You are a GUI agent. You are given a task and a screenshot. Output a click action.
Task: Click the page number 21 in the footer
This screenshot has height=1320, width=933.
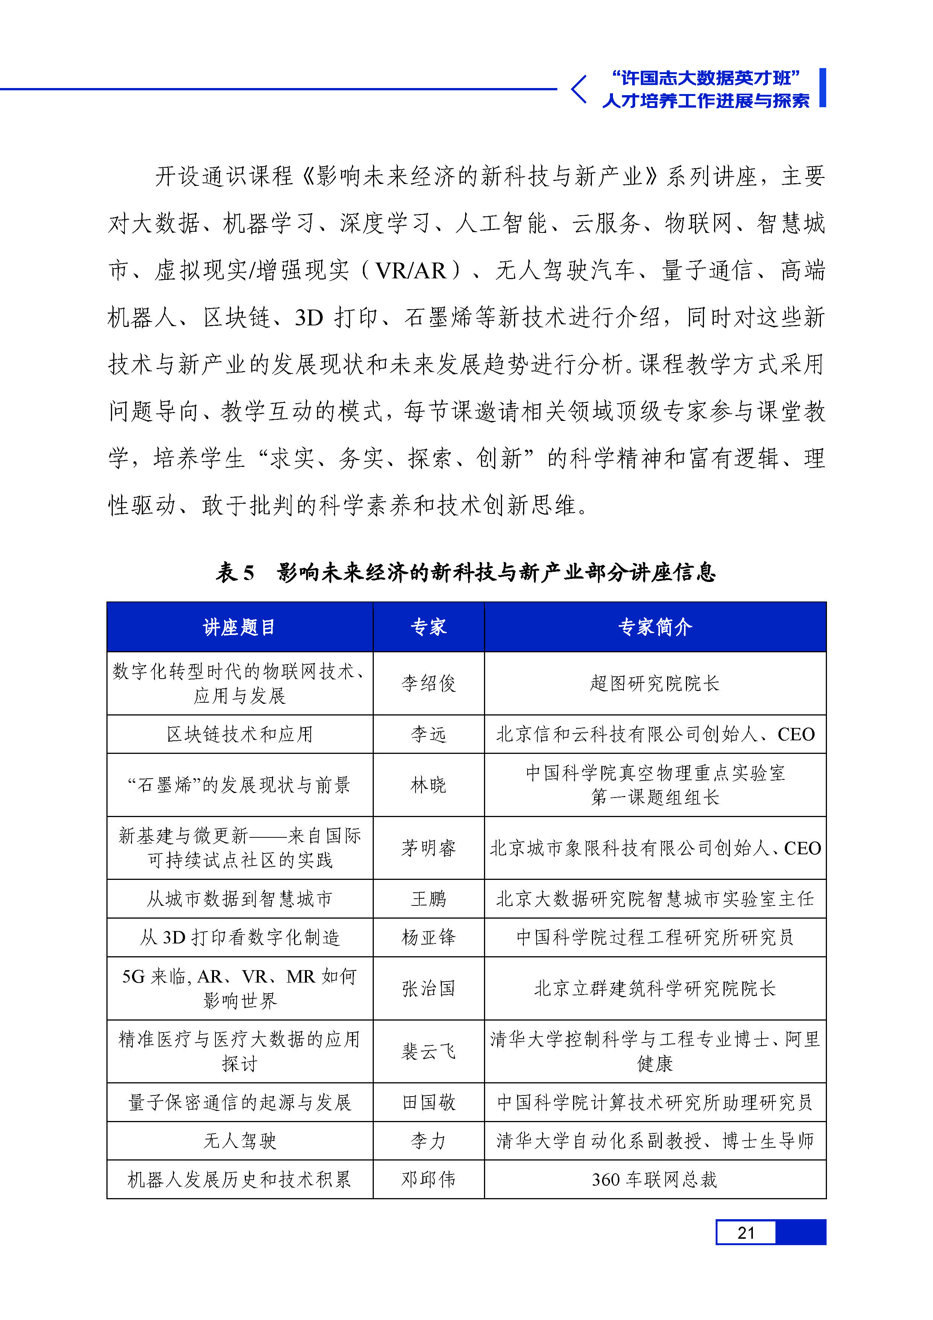pyautogui.click(x=746, y=1233)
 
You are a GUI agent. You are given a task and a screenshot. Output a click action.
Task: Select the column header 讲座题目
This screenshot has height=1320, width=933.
pyautogui.click(x=239, y=627)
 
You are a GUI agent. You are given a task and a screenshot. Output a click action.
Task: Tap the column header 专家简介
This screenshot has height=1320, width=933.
pyautogui.click(x=655, y=627)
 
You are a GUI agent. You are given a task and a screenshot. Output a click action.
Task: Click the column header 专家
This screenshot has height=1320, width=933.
pyautogui.click(x=428, y=627)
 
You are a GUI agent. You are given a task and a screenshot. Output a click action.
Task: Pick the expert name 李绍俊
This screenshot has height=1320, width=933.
pyautogui.click(x=428, y=683)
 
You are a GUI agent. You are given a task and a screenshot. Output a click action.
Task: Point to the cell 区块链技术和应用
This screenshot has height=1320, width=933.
pyautogui.click(x=239, y=734)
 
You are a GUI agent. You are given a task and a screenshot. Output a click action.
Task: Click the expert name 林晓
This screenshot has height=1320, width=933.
pyautogui.click(x=428, y=785)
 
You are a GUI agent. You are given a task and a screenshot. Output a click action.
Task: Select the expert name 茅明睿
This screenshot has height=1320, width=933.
pyautogui.click(x=428, y=848)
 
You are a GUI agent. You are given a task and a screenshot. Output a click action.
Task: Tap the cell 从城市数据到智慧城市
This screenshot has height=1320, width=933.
pyautogui.click(x=239, y=899)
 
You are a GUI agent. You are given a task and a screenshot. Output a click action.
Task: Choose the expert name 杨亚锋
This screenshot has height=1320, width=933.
pyautogui.click(x=428, y=937)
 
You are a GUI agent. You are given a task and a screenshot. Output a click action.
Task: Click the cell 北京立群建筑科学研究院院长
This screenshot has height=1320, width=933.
pyautogui.click(x=655, y=988)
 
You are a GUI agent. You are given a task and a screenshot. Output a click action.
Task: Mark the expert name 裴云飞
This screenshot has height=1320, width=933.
pyautogui.click(x=428, y=1051)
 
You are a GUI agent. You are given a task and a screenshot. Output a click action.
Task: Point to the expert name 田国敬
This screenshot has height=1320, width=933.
pyautogui.click(x=428, y=1102)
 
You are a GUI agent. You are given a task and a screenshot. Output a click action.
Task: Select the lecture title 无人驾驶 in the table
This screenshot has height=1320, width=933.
pyautogui.click(x=239, y=1141)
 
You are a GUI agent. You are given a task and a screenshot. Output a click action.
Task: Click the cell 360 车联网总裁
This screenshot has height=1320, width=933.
pyautogui.click(x=655, y=1180)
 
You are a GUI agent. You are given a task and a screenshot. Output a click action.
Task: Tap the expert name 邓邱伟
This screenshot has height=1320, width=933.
pyautogui.click(x=428, y=1180)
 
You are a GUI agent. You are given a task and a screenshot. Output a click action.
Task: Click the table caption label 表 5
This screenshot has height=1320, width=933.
pyautogui.click(x=235, y=573)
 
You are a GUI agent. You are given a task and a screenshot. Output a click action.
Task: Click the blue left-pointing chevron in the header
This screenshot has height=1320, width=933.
pyautogui.click(x=578, y=89)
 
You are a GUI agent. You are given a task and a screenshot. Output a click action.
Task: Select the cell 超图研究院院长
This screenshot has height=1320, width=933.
pyautogui.click(x=655, y=683)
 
